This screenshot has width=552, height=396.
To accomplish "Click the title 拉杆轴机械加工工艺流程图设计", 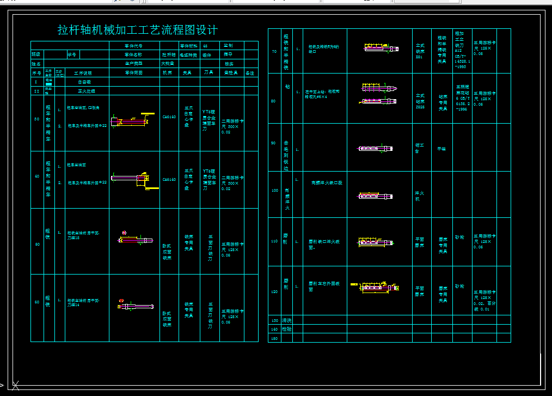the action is [x=138, y=30].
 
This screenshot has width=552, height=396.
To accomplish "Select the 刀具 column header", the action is [x=208, y=72].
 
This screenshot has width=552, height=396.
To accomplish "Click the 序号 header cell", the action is [x=36, y=72].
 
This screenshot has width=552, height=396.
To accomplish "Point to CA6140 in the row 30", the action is [x=169, y=117].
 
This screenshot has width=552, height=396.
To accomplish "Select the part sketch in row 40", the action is [x=133, y=178].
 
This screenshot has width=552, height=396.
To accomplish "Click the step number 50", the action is [x=37, y=245].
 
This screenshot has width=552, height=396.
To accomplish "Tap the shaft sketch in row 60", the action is [x=134, y=307].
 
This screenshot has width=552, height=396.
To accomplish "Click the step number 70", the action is [x=274, y=52].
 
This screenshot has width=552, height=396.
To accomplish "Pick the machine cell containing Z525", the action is [x=420, y=101].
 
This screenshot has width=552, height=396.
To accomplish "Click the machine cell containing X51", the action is [x=420, y=51].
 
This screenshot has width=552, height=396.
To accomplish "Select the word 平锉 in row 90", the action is [x=442, y=148].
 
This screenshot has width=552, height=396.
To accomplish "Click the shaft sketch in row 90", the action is [x=375, y=148].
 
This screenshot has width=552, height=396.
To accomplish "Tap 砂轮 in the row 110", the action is [x=459, y=237].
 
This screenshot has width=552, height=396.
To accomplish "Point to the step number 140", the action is [x=274, y=329].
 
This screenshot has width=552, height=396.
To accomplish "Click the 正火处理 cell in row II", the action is [x=87, y=91].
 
